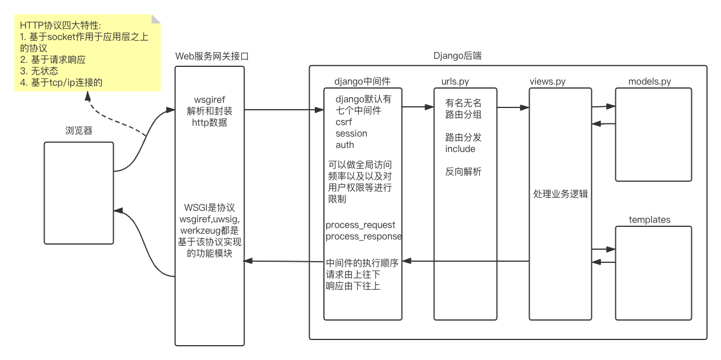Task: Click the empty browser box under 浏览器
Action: (79, 193)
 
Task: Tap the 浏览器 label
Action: (79, 131)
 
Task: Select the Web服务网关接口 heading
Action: (211, 56)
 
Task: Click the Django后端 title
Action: (458, 56)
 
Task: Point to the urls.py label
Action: (455, 82)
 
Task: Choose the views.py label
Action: (547, 82)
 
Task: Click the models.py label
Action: (650, 82)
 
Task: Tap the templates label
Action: (650, 220)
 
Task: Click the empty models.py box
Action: (653, 134)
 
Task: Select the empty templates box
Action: (653, 273)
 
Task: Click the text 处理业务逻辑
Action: (560, 194)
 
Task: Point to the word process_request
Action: (360, 225)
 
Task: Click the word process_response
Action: (364, 237)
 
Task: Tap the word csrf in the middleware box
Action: (344, 122)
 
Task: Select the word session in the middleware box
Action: (351, 133)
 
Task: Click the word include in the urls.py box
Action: (460, 149)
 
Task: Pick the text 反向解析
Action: (463, 171)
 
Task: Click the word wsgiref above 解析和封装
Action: (209, 100)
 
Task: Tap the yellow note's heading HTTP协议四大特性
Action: (60, 26)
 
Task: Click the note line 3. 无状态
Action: (39, 71)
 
